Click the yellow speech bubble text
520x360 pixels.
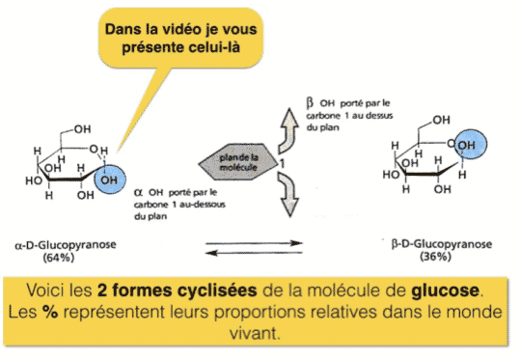coord(180,38)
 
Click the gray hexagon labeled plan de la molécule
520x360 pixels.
coord(238,162)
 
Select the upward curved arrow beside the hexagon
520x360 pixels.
coord(288,130)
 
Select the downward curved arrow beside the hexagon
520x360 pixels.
coord(288,195)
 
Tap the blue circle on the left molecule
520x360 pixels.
coord(110,180)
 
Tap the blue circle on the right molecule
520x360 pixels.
coord(470,144)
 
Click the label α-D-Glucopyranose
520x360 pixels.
coord(66,245)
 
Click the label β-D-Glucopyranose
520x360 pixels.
coord(442,244)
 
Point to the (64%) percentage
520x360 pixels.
coord(59,258)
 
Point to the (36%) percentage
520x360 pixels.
coord(435,257)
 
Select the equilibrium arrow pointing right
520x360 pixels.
coord(254,243)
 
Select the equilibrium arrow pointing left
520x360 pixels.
coord(254,253)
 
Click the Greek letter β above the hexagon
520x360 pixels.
coord(310,103)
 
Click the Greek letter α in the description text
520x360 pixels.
coord(139,192)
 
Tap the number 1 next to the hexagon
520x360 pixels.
coord(282,163)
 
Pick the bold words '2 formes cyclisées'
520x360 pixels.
coord(178,291)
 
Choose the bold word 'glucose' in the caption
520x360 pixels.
coord(445,291)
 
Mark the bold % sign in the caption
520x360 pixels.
coord(50,312)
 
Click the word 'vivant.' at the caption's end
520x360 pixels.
coord(255,333)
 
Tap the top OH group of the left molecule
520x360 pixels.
coord(83,129)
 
